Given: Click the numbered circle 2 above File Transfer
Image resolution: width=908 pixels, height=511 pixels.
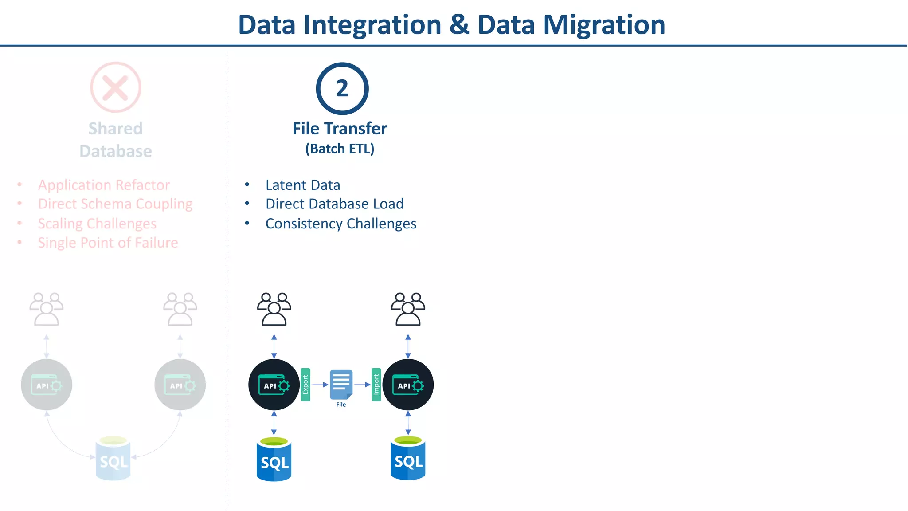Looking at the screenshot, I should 342,89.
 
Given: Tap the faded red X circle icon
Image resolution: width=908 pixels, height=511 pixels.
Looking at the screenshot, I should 116,87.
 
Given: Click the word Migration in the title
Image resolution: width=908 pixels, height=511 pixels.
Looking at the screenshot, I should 604,25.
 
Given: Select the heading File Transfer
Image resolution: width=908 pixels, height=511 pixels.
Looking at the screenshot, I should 340,129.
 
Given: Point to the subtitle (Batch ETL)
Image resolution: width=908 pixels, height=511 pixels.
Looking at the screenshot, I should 340,149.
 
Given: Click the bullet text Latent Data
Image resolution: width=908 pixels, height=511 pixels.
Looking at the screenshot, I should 303,185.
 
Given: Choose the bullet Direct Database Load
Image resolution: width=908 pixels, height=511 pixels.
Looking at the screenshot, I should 334,204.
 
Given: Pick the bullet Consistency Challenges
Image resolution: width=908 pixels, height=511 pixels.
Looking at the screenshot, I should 340,224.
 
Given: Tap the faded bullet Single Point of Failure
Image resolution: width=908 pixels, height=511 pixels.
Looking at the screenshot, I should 108,243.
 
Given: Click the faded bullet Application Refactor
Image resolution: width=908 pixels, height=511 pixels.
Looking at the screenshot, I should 104,185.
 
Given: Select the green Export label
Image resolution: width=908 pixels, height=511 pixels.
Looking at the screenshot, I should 305,385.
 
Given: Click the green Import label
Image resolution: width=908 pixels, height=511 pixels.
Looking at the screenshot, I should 376,385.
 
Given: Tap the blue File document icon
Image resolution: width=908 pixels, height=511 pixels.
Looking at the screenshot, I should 341,385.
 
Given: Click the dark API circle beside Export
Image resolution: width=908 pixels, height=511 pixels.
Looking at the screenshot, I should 274,385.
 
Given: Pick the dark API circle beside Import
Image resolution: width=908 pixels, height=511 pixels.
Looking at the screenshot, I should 408,385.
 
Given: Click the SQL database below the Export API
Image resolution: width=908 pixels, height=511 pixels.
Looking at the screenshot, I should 274,460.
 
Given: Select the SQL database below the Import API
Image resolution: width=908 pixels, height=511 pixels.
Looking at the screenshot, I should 408,459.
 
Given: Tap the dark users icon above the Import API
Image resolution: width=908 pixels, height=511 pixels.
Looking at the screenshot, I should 408,309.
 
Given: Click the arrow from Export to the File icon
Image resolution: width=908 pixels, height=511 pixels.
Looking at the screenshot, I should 320,385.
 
